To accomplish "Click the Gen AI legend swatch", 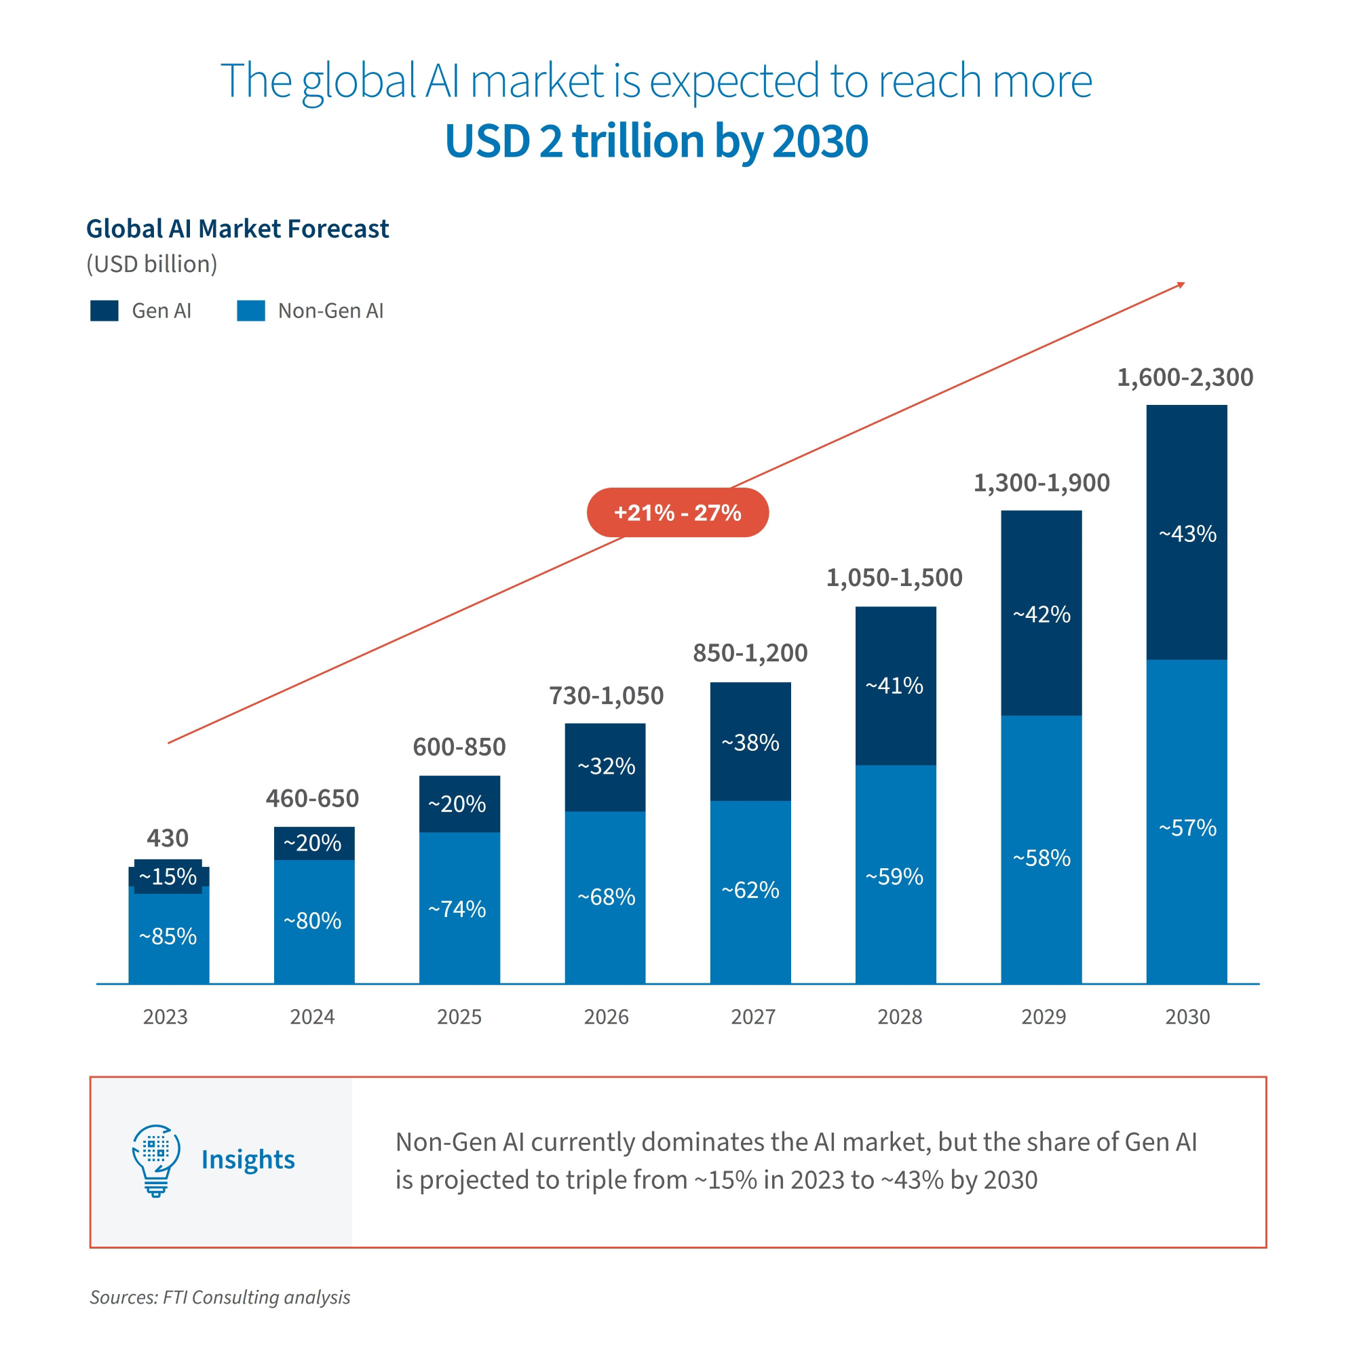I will (x=104, y=311).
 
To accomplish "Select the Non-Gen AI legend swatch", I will (x=251, y=311).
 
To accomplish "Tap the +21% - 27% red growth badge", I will (x=677, y=513).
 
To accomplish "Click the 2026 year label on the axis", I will (x=606, y=1017).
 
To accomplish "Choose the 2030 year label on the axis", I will (x=1187, y=1017).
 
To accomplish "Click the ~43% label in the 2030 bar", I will (x=1187, y=534).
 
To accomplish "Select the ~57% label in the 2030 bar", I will (x=1187, y=828).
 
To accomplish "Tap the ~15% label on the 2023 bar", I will (x=168, y=876).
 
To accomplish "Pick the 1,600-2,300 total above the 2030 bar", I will (x=1185, y=378).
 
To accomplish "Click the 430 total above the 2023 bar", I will (x=167, y=838).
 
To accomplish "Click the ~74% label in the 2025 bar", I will (x=457, y=910).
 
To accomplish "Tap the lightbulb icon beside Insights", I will (x=156, y=1160).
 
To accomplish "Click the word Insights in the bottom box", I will (x=248, y=1160).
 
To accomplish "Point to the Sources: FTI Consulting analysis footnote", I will (x=220, y=1297).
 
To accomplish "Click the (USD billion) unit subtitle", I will (x=152, y=264).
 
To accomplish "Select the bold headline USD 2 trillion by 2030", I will (x=656, y=141).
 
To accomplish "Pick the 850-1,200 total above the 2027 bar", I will (x=750, y=653).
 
